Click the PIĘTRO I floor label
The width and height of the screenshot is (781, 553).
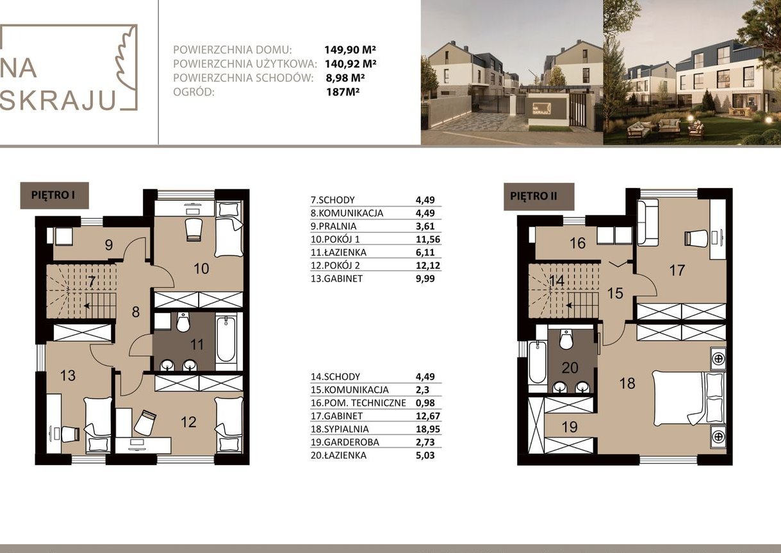coord(53,195)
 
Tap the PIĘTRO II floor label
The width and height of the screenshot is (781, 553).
coord(534,196)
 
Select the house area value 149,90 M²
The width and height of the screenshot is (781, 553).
coord(350,49)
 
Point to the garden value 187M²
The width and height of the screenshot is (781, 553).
coord(343,92)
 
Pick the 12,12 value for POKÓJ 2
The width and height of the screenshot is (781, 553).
coord(428,266)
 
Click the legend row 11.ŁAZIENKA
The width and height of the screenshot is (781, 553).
coord(338,252)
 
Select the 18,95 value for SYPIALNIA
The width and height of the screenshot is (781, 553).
coord(428,429)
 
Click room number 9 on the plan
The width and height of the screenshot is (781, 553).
coord(109,244)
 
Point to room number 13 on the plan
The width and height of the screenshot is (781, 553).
coord(68,375)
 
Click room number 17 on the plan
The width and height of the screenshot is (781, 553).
coord(677,270)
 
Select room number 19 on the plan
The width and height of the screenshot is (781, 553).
coord(570,427)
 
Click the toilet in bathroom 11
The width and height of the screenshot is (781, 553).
coord(183,322)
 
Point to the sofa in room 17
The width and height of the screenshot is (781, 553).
coord(648,223)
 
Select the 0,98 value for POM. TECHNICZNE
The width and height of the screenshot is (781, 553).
coord(425,402)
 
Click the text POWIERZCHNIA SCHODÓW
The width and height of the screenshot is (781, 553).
coord(243,78)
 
